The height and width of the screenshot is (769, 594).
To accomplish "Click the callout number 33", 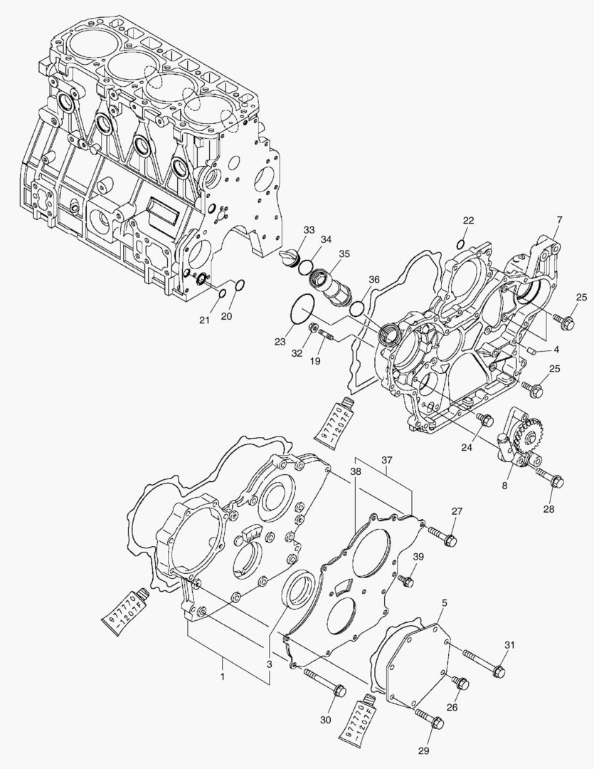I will tap(308, 230).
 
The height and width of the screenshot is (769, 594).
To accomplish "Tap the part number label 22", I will tap(468, 221).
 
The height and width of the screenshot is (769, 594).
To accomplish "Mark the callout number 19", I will tap(314, 362).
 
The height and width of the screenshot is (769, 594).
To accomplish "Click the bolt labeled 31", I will tap(484, 661).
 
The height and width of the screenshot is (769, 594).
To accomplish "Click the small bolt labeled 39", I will tap(406, 581).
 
